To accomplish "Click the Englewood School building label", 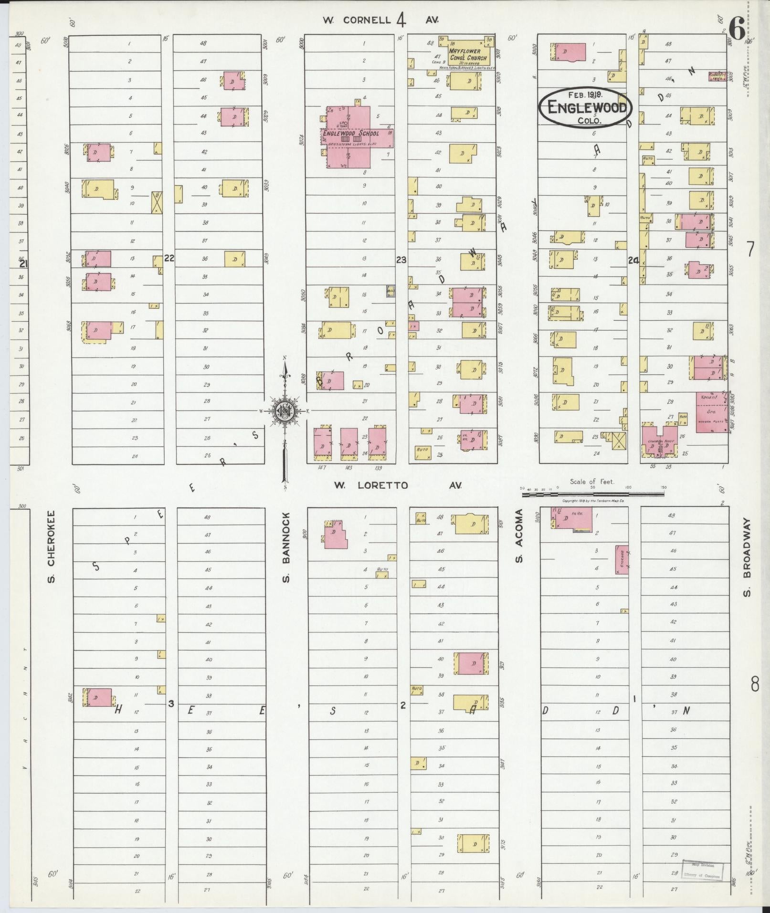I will [351, 134].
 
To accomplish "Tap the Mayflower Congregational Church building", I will [468, 54].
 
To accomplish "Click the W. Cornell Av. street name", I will [380, 20].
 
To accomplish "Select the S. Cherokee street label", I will [51, 547].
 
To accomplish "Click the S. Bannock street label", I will [286, 548].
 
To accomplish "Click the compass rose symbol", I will [285, 410].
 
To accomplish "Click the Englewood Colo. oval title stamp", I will [586, 107].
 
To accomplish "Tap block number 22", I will [169, 258].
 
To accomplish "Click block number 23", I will [401, 260].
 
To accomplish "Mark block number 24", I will [633, 261].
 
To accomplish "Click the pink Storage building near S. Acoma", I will [622, 559].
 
